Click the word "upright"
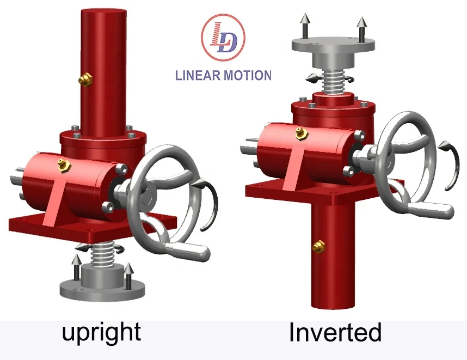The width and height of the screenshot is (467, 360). [101, 332]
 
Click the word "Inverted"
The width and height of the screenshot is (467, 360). [335, 332]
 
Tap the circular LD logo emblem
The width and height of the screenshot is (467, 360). [223, 37]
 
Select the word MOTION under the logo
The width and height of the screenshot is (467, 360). [248, 75]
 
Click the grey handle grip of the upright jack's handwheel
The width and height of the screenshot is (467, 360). [188, 250]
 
